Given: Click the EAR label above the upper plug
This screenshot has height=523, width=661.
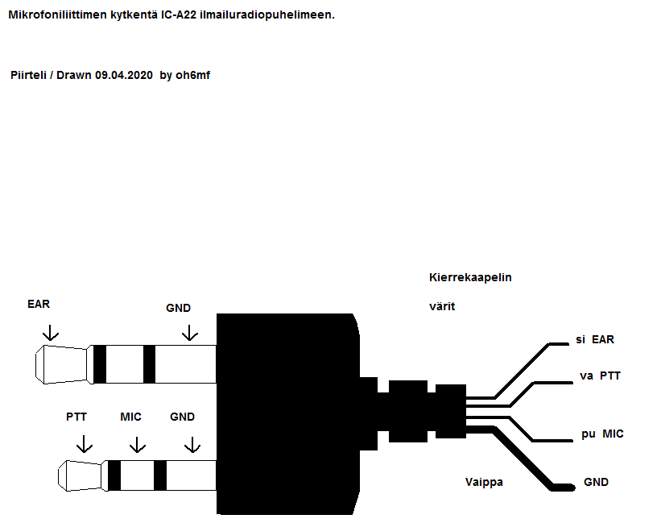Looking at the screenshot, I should click(x=38, y=304).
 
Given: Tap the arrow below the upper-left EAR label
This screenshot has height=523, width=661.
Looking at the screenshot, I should click(x=51, y=331).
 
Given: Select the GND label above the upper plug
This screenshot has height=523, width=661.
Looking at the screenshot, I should click(x=178, y=308).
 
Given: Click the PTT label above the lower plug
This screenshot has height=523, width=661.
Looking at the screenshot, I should click(x=76, y=417).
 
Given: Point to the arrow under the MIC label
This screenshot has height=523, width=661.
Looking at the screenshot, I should click(x=138, y=443).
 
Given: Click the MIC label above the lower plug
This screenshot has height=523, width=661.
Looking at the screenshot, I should click(x=130, y=417).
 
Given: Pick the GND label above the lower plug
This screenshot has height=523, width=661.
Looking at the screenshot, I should click(x=183, y=417).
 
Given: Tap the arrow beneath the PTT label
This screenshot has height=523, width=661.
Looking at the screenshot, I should click(x=83, y=443).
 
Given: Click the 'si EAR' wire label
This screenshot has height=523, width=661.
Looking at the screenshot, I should click(x=594, y=339).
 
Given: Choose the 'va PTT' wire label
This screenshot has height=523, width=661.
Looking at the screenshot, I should click(x=600, y=376).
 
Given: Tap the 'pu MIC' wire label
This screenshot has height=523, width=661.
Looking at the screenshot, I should click(x=602, y=434).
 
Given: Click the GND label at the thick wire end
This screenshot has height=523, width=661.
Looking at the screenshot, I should click(x=597, y=482).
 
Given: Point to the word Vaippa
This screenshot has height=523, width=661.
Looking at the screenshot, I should click(x=484, y=482).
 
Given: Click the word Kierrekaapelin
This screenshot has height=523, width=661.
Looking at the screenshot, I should click(x=471, y=277).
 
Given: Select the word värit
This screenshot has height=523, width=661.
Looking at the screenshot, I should click(x=442, y=306).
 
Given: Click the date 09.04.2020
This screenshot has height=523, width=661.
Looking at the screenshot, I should click(x=123, y=75).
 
